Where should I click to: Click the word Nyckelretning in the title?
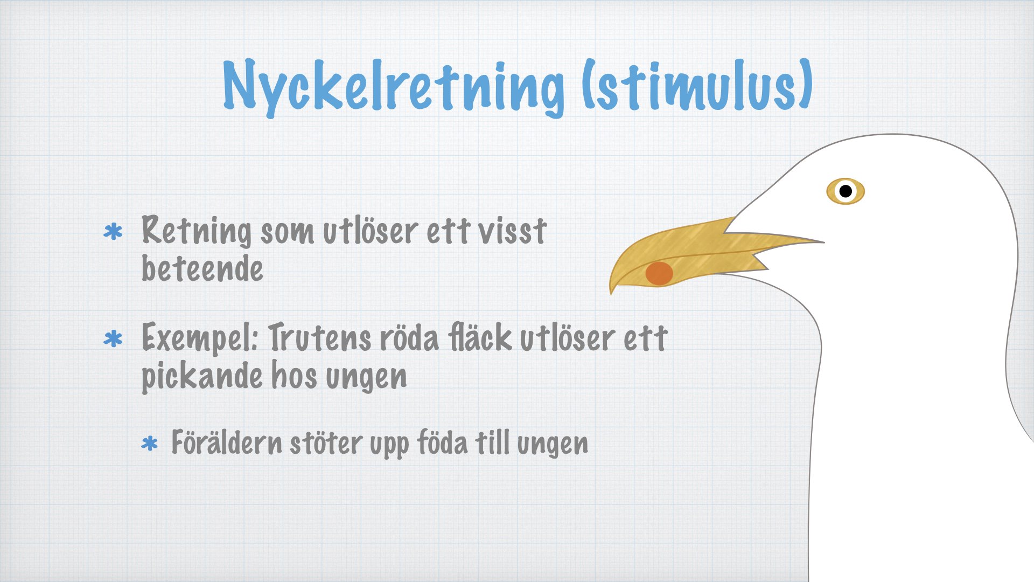click(394, 88)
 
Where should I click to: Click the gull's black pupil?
click(846, 191)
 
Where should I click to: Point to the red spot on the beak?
click(659, 273)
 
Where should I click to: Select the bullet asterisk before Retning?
click(113, 232)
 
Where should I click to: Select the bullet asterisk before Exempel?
click(113, 339)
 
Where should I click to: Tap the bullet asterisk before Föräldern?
click(149, 444)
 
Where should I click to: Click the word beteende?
click(202, 268)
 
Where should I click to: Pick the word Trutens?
click(320, 337)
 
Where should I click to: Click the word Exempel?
click(200, 338)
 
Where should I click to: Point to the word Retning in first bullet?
click(197, 231)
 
